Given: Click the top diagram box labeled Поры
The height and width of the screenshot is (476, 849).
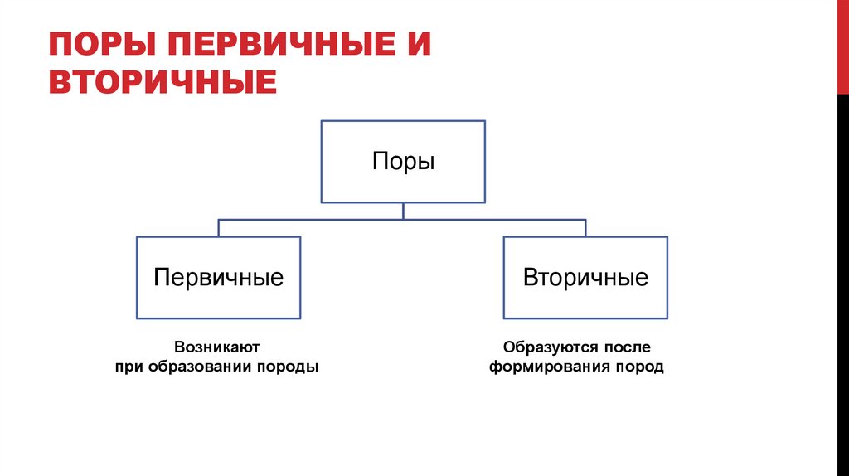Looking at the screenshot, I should (403, 162).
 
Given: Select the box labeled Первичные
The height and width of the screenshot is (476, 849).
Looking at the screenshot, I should (219, 278).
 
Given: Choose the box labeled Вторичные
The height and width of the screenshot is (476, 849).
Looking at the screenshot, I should (585, 278).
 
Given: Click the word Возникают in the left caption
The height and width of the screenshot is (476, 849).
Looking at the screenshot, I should (217, 347).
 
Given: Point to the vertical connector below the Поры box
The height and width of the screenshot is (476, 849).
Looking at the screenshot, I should (403, 211).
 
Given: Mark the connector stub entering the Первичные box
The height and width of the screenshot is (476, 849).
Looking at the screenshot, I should (219, 228).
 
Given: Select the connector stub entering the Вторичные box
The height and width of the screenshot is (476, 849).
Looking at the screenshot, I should (585, 228).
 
